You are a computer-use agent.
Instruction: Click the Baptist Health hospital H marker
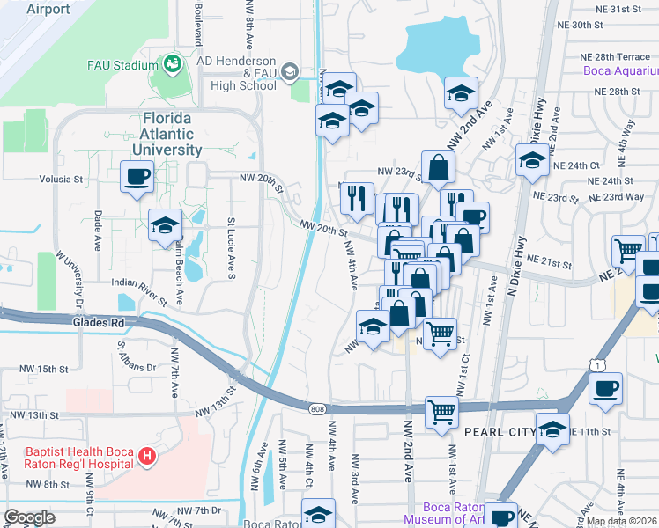click(x=147, y=457)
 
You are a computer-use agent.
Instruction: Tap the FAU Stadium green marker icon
click(x=171, y=64)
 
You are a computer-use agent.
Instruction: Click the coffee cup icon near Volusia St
click(x=137, y=177)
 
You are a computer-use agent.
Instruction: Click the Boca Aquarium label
click(x=620, y=71)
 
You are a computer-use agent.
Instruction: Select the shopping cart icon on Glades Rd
click(x=441, y=411)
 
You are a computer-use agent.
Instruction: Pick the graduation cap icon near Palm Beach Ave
click(x=165, y=226)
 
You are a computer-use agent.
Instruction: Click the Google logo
click(x=29, y=517)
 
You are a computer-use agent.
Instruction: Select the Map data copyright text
click(x=620, y=521)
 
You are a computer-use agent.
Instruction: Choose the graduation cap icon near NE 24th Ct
click(x=532, y=160)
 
